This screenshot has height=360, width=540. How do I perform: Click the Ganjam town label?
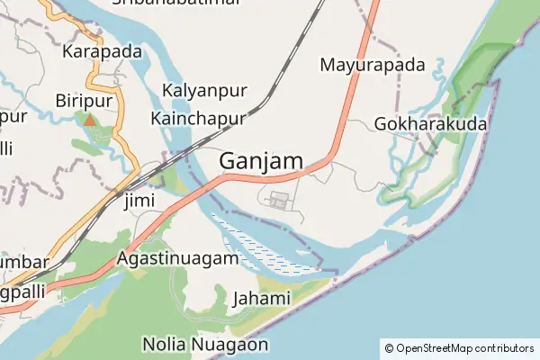tap(261, 161)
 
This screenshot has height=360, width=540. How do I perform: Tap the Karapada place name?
tap(102, 51)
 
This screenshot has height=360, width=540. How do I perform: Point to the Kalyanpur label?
tap(202, 91)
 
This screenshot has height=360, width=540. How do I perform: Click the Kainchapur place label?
tap(199, 119)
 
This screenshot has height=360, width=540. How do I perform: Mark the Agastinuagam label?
tap(178, 258)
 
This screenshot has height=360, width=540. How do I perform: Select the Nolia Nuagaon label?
tap(205, 344)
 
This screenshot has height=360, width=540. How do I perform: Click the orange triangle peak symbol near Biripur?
tap(89, 119)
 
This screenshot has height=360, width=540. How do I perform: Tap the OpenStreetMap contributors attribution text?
tap(464, 347)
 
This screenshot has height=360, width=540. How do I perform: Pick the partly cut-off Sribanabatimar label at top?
tap(176, 4)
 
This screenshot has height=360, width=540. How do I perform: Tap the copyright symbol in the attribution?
tap(389, 347)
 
